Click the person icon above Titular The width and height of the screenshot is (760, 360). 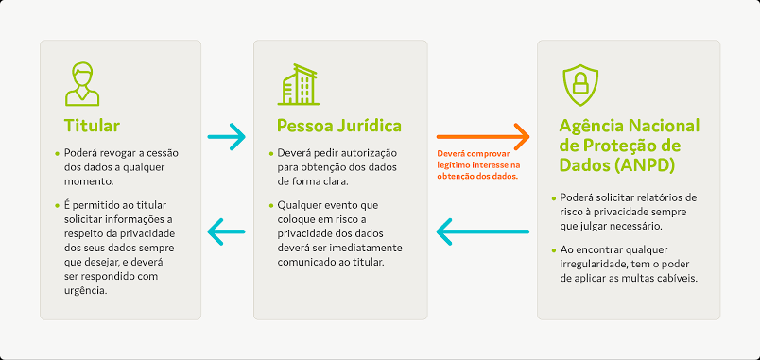pyautogui.click(x=82, y=84)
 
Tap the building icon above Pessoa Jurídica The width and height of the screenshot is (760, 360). pyautogui.click(x=298, y=84)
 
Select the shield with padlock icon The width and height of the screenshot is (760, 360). pyautogui.click(x=580, y=85)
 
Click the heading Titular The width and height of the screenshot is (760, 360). pyautogui.click(x=92, y=126)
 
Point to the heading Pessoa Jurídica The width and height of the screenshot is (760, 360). pyautogui.click(x=339, y=126)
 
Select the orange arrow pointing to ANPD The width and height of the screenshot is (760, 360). pyautogui.click(x=483, y=137)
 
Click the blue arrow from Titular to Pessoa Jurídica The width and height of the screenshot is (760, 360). pyautogui.click(x=226, y=137)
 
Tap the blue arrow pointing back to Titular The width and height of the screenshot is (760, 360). pyautogui.click(x=226, y=231)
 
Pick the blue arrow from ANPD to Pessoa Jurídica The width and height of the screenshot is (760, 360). pyautogui.click(x=483, y=231)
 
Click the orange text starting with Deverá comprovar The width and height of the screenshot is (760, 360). pyautogui.click(x=478, y=165)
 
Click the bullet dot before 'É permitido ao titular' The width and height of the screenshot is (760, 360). pyautogui.click(x=59, y=206)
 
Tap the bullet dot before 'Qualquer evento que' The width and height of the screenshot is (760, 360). pyautogui.click(x=271, y=206)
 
